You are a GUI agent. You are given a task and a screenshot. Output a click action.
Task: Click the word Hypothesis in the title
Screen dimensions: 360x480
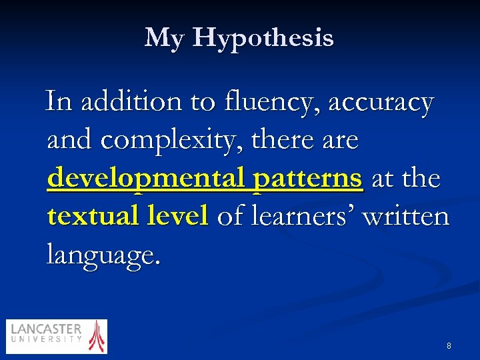263,38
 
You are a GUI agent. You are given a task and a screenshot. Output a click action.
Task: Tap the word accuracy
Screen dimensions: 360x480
381,102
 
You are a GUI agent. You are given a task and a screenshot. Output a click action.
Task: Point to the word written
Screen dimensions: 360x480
407,217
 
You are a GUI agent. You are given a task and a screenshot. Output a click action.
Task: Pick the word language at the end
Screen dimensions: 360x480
103,255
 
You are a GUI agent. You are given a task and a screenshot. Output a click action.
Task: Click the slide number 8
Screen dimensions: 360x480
449,346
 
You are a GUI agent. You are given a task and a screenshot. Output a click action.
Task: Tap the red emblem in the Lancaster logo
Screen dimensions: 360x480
97,336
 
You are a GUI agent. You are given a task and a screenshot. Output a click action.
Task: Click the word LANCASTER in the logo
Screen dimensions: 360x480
46,329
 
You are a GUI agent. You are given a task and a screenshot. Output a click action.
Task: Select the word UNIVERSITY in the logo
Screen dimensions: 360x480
46,340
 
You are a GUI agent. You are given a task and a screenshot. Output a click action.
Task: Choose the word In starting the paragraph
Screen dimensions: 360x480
59,102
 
